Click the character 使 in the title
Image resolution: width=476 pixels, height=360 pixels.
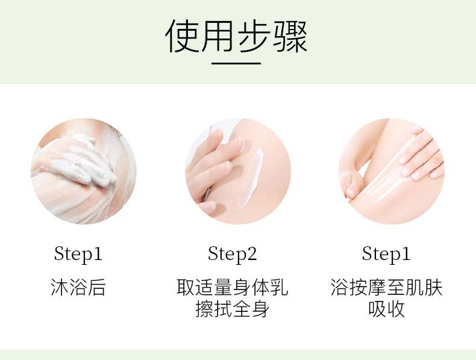point(182,36)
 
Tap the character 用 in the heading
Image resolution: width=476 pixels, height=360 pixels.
point(218,36)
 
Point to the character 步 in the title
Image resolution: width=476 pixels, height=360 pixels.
point(254,36)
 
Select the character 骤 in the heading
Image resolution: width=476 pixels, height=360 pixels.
point(290,36)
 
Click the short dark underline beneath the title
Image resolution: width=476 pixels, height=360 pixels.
point(236,63)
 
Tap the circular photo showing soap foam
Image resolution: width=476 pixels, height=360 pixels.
point(84,171)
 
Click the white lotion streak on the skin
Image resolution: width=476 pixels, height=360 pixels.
point(251,178)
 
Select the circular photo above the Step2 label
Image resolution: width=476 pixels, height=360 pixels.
point(238,171)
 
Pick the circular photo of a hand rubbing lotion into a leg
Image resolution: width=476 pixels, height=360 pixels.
point(392,171)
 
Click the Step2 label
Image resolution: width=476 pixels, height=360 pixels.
point(233,254)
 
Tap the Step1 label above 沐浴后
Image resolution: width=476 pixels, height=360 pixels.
point(78,254)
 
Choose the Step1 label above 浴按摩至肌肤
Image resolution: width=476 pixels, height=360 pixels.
point(386,254)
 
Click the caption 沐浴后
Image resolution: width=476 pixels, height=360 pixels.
point(78,287)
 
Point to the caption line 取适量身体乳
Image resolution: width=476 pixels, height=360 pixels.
point(233,287)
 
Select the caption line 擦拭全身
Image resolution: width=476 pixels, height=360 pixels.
point(233,309)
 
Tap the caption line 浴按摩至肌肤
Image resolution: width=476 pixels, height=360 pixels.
point(386,287)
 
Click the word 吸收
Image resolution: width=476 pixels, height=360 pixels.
point(386,309)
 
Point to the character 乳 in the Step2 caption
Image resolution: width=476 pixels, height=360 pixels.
point(280,287)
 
